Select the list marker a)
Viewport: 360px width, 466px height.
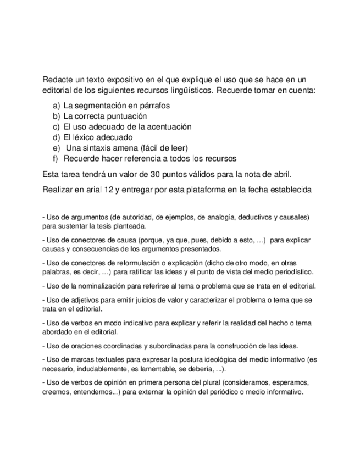click(56, 105)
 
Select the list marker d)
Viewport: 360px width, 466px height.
click(56, 137)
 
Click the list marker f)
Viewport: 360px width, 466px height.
click(56, 159)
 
